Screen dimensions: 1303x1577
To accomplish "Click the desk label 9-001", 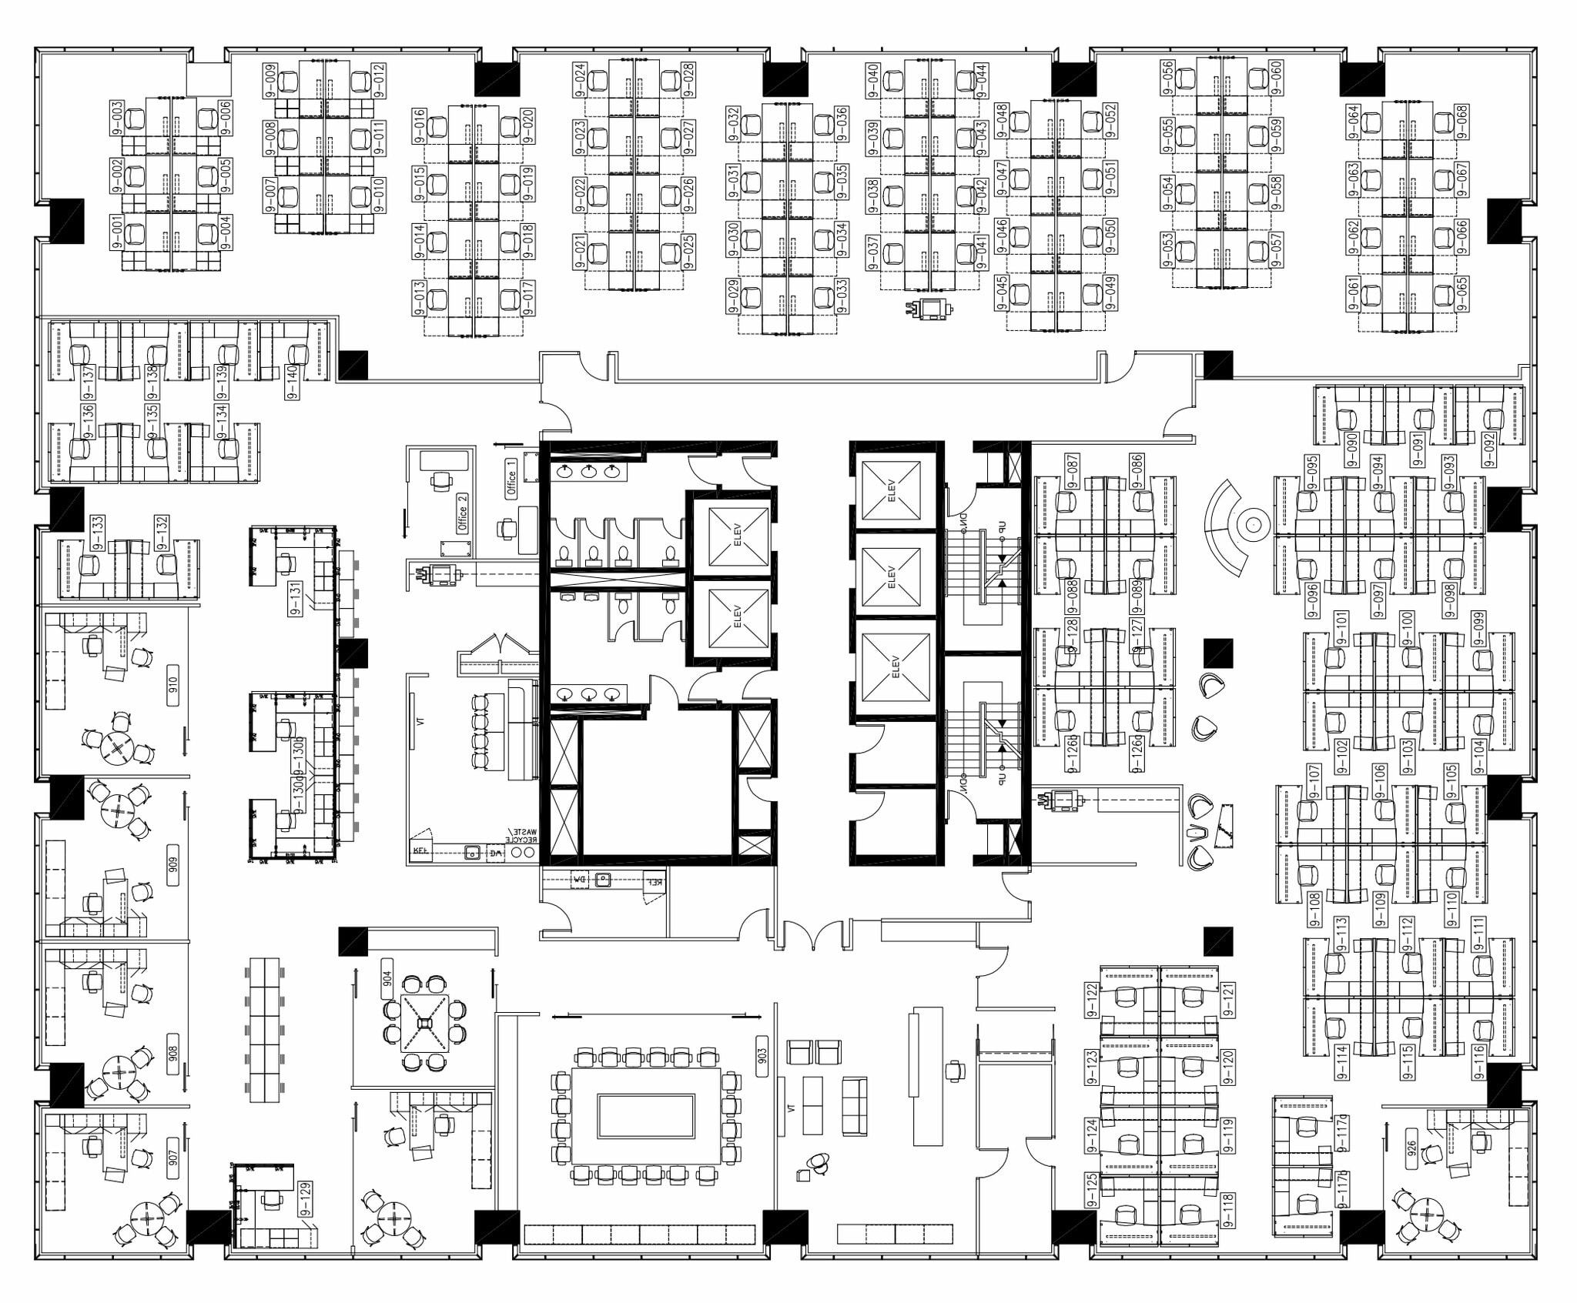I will click(x=117, y=233).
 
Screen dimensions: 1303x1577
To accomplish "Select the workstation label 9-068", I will click(x=1461, y=120).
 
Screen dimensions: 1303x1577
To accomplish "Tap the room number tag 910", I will click(x=172, y=683).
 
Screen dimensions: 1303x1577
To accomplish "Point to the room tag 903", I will click(x=762, y=1054).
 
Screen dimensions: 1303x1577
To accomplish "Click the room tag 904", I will click(x=387, y=978).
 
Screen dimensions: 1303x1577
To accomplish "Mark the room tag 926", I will click(x=1412, y=1150).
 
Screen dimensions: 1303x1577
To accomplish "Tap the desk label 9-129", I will click(x=306, y=1200).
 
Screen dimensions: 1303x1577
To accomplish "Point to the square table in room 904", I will click(x=424, y=1022).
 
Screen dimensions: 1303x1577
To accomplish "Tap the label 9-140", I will click(x=292, y=382).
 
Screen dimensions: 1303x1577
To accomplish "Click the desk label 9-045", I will click(x=1002, y=293).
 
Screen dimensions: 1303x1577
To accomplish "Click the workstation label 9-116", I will click(x=1478, y=1061).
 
